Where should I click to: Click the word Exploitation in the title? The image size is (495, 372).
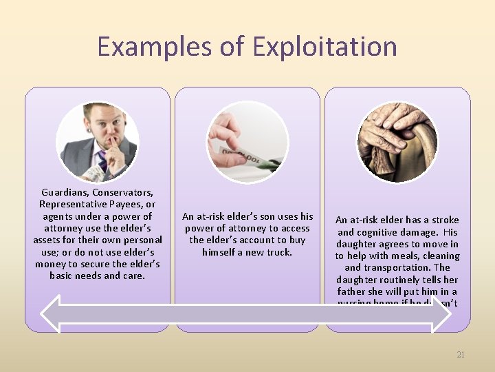tap(324, 47)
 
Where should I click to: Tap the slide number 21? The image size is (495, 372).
tap(461, 355)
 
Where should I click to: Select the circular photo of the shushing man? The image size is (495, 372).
tap(97, 143)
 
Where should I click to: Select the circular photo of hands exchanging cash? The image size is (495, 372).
tap(247, 143)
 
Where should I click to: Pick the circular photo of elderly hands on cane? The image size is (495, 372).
tap(397, 143)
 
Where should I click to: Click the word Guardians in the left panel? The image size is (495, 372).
tap(64, 192)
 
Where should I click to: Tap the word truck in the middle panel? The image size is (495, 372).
tap(278, 252)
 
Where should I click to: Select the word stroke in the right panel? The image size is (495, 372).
tap(444, 220)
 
